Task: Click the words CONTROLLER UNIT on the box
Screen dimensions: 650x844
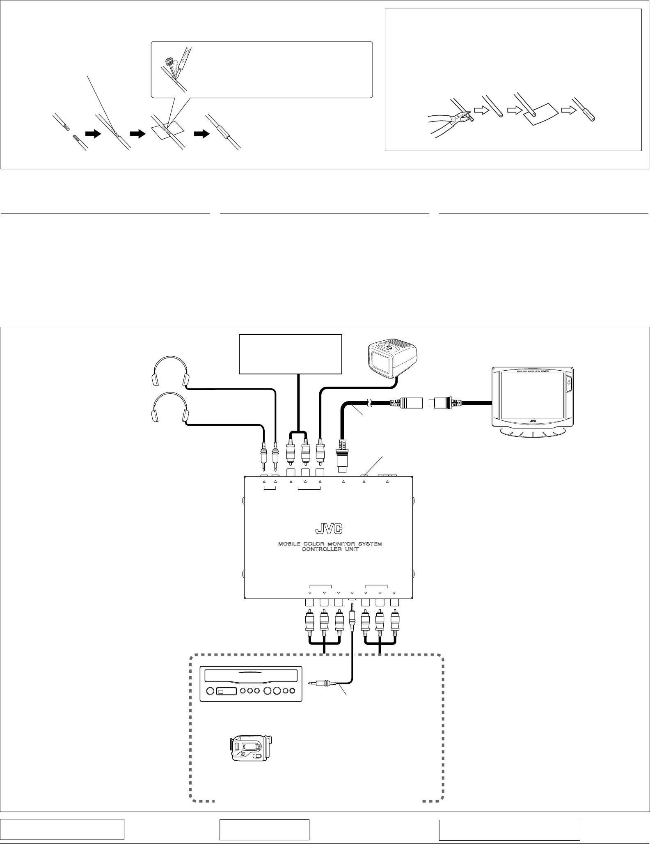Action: pos(330,550)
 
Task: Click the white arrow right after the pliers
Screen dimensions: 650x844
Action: pos(479,110)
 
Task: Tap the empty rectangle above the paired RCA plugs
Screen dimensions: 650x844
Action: pos(291,354)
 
